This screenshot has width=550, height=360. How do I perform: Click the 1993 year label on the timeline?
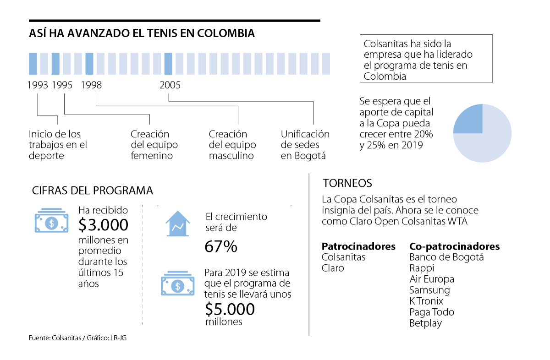(38, 85)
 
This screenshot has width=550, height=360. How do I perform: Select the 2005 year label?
(170, 85)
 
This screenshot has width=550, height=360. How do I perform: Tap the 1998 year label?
(91, 85)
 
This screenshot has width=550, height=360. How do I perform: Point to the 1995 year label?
(62, 85)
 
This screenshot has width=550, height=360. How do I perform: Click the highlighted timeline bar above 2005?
(168, 64)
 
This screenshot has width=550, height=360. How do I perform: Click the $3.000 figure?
(103, 225)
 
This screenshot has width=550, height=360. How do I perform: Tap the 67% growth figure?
(221, 247)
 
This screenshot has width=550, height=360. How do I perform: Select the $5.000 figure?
(230, 309)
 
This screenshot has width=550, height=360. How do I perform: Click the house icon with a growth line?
(178, 224)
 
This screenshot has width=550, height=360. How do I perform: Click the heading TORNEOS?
(347, 184)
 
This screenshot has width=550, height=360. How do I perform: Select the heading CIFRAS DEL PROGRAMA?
(93, 191)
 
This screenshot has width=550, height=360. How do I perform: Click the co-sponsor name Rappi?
(422, 268)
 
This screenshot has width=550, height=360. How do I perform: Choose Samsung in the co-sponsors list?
(429, 290)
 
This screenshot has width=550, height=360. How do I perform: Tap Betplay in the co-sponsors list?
(425, 323)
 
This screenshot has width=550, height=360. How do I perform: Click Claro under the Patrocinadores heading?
(333, 268)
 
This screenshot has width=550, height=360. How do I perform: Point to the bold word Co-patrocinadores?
(454, 247)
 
